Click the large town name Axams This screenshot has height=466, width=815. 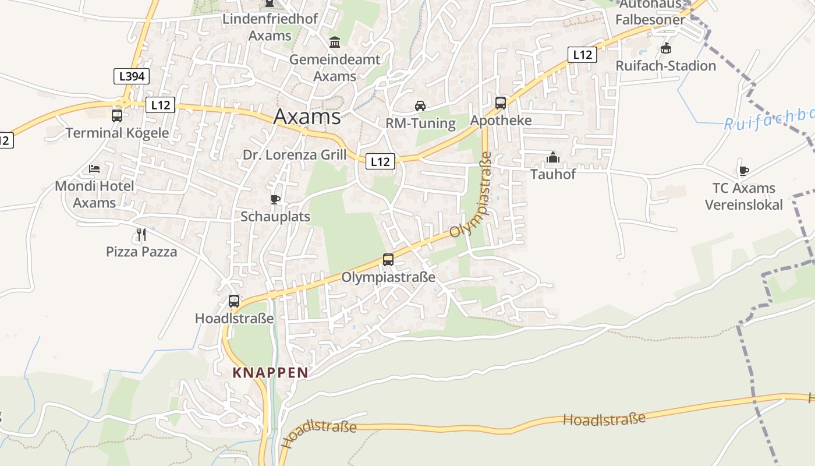(307, 116)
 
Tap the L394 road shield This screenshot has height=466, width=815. (132, 76)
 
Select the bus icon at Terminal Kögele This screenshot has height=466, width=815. (117, 115)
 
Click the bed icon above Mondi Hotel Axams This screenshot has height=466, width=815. (94, 169)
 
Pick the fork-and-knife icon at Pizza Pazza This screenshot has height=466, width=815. (141, 235)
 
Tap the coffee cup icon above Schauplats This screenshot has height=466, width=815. (275, 200)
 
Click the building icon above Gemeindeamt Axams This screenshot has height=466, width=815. (335, 43)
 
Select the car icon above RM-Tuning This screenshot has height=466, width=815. (420, 106)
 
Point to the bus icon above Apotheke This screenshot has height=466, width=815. (501, 103)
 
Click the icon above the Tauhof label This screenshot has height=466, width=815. (553, 157)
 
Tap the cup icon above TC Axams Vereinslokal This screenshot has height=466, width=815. (743, 171)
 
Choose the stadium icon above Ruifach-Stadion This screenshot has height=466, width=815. (666, 48)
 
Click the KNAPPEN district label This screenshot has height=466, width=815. (270, 373)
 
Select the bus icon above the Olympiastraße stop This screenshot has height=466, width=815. (388, 260)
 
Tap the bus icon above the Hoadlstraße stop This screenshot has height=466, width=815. (234, 301)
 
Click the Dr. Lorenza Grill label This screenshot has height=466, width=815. (294, 155)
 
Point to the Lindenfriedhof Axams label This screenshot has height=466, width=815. (270, 27)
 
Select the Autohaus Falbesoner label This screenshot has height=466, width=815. (650, 12)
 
